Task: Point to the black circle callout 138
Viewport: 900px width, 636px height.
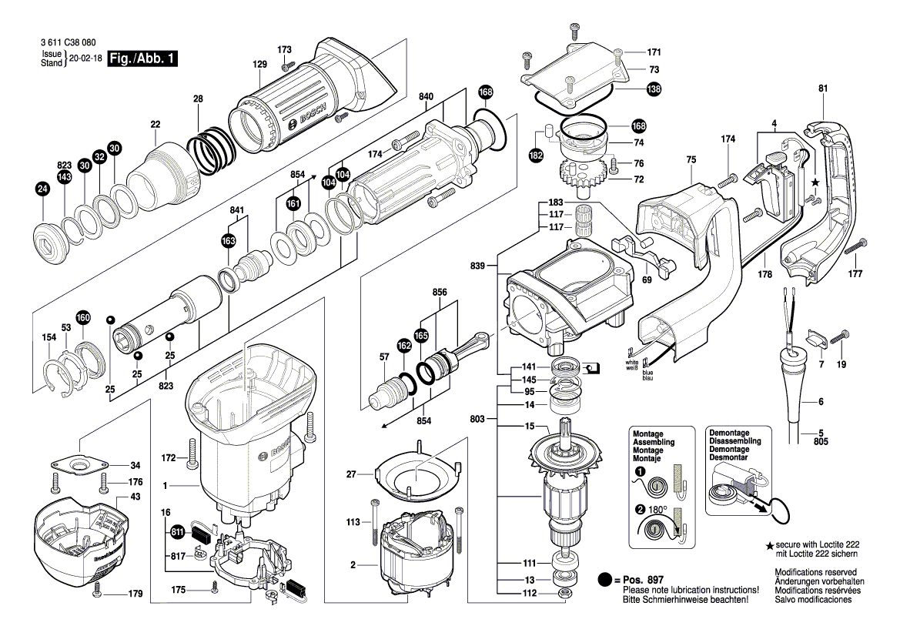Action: point(654,89)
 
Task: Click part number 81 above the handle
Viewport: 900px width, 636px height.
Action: point(822,89)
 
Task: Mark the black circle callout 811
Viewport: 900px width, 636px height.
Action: point(177,531)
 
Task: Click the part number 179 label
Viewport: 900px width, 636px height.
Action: point(136,594)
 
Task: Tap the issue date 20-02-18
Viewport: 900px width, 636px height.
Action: point(84,59)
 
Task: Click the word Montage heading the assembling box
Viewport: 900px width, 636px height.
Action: point(647,434)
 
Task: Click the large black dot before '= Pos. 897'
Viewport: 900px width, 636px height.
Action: point(605,579)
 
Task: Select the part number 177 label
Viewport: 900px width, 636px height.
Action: point(855,274)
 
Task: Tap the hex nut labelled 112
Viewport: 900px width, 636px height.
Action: point(564,593)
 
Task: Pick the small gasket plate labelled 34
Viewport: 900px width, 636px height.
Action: point(80,465)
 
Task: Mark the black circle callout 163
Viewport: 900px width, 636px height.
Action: point(228,241)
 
